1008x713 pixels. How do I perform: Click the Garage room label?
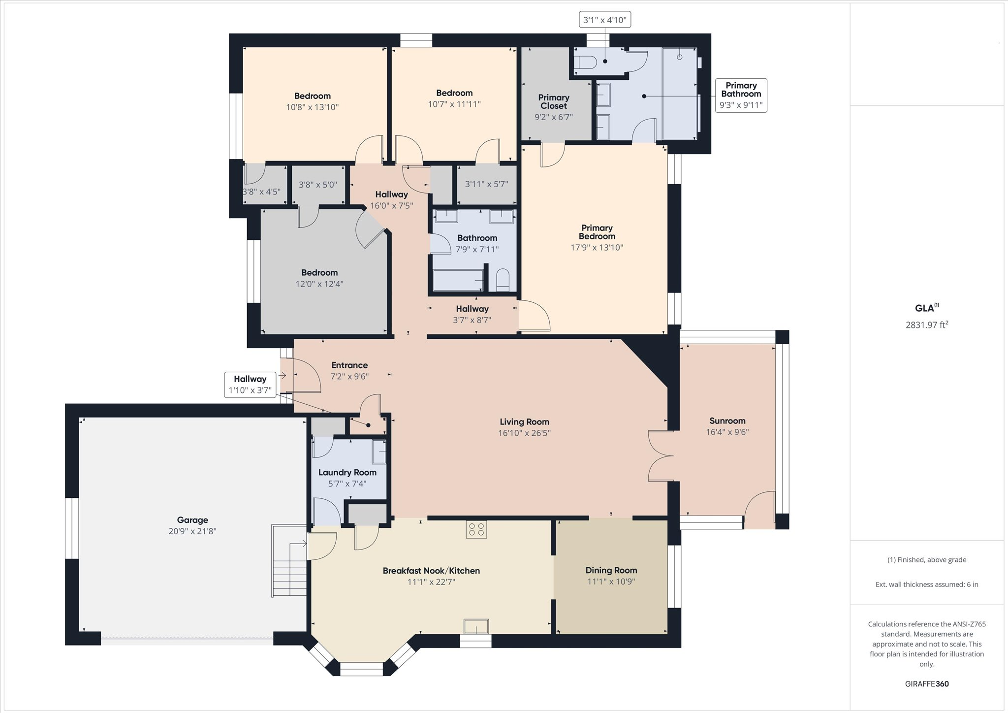tap(192, 520)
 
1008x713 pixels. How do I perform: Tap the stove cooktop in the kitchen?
tap(476, 529)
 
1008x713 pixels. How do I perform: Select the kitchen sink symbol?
tap(476, 626)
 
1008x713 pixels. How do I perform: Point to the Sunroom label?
tap(727, 421)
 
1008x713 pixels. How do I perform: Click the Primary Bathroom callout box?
tap(741, 96)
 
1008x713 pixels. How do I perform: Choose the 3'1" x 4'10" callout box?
tap(605, 20)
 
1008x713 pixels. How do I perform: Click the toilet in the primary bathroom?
tap(586, 62)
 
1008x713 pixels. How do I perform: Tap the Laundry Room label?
tap(347, 473)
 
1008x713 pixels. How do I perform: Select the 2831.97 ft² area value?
tap(927, 324)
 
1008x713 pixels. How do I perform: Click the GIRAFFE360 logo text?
tap(927, 684)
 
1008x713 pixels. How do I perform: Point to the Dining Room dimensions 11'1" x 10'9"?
tap(611, 582)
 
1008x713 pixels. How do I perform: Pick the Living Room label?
tap(524, 422)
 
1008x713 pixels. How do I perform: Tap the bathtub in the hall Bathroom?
tap(458, 281)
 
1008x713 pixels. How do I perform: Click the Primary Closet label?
tap(554, 101)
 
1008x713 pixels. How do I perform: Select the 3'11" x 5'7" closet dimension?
tap(486, 184)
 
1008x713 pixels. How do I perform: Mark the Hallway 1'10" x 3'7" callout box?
tap(250, 385)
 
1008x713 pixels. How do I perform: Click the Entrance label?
tap(349, 365)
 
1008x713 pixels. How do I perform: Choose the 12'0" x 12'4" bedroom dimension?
tap(319, 284)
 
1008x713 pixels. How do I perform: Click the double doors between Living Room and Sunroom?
tap(661, 455)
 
